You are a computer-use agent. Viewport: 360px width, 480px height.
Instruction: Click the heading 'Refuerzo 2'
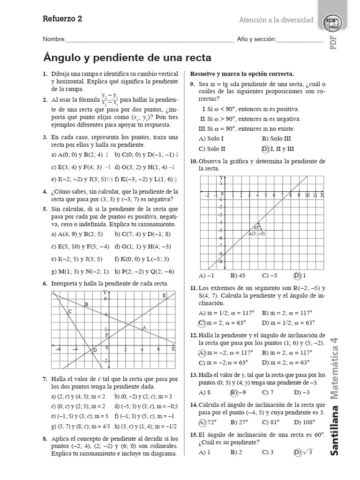click(62, 19)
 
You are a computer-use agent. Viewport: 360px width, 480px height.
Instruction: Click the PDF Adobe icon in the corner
click(333, 23)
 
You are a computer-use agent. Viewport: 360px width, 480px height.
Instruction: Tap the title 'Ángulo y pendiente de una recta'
click(127, 58)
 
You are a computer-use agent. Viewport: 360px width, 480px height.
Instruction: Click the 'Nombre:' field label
click(54, 39)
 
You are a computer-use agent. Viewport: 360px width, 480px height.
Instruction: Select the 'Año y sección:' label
click(256, 39)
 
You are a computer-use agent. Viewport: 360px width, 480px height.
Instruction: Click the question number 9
click(193, 84)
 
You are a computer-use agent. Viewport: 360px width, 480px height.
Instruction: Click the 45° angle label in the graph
click(256, 226)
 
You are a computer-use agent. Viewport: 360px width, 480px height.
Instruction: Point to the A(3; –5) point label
click(256, 233)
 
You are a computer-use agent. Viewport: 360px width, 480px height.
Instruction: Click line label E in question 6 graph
click(164, 295)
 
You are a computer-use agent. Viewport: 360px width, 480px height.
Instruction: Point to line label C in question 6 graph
click(70, 311)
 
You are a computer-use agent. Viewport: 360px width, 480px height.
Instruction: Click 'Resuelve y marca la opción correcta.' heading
click(242, 74)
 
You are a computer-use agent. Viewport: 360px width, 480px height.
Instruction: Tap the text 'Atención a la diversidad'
click(276, 20)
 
